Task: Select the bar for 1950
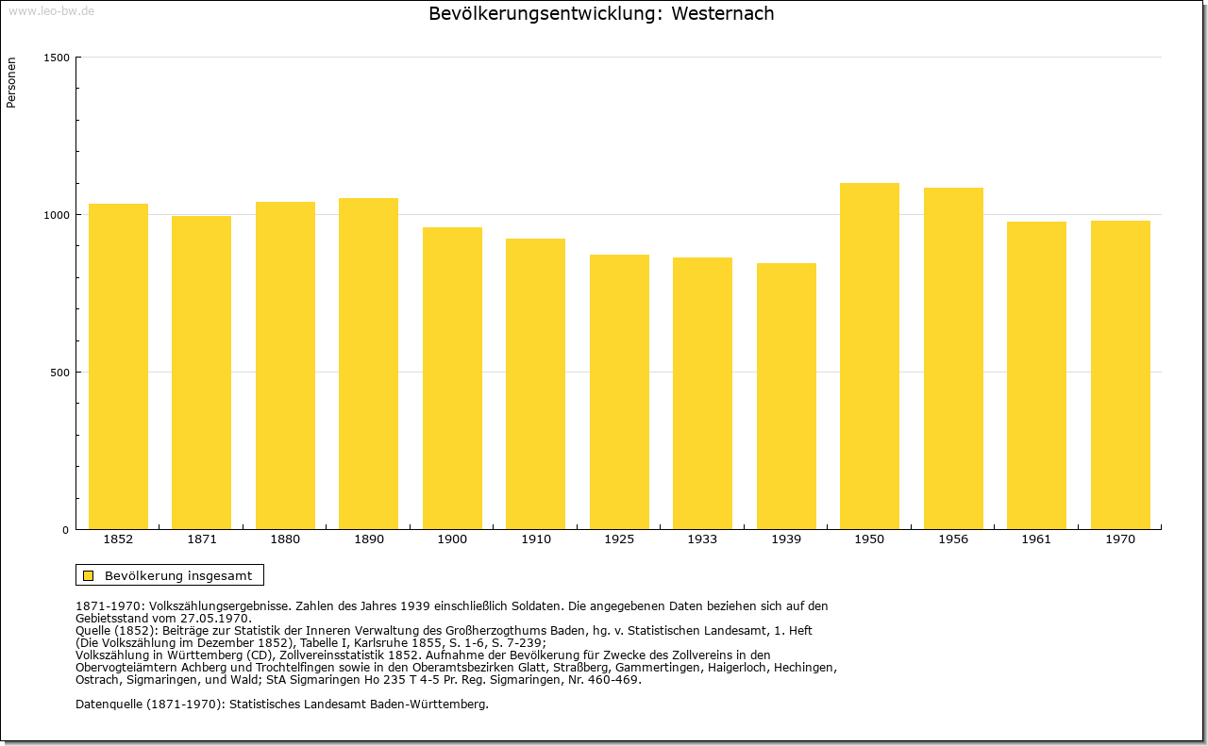click(869, 356)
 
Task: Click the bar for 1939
click(786, 396)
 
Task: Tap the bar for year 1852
click(118, 366)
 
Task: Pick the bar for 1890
click(368, 363)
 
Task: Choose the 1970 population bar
click(1120, 374)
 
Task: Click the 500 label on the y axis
click(59, 373)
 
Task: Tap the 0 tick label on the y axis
click(66, 530)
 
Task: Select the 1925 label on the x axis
click(619, 539)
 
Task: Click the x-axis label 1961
click(1036, 539)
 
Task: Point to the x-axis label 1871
click(202, 539)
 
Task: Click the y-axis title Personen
click(11, 82)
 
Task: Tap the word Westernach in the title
click(723, 13)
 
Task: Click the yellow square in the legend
click(89, 575)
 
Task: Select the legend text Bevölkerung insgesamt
click(178, 575)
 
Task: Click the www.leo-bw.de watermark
click(51, 10)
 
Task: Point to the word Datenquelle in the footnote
click(109, 705)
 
